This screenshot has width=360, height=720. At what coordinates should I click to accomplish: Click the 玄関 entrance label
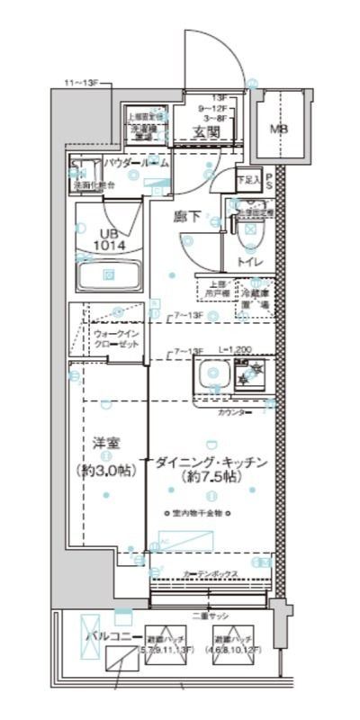206,133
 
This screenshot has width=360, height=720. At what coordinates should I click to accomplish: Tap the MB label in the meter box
281,128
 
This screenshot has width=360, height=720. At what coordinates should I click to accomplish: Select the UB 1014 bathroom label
108,238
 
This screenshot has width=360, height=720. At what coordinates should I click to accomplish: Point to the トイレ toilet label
249,262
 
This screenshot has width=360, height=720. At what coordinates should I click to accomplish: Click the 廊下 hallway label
187,216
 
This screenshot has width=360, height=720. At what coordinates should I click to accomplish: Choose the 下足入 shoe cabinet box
248,180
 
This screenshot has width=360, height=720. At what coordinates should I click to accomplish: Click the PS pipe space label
268,179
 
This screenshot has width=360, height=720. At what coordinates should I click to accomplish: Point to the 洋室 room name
106,444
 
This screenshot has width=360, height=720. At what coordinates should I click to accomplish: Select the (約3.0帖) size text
106,471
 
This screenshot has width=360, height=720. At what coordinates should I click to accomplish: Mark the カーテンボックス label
211,571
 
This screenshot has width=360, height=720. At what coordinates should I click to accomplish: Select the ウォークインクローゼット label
114,338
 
